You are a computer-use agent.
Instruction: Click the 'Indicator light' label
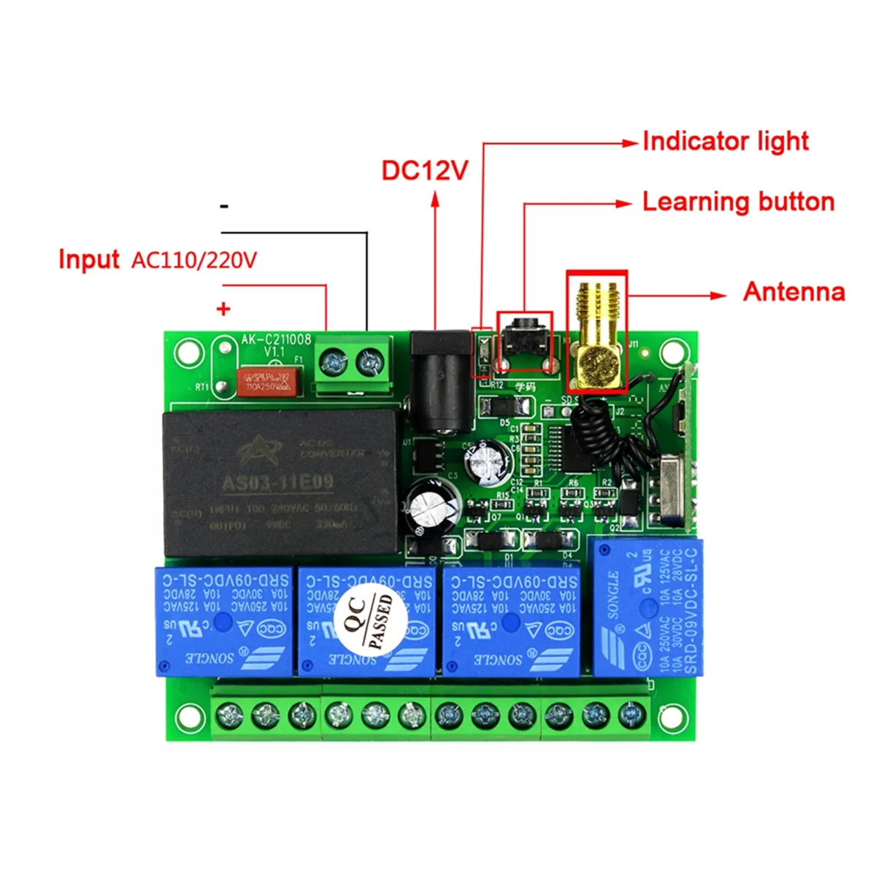point(725,142)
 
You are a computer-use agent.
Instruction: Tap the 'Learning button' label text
point(738,202)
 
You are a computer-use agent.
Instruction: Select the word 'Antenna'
point(794,292)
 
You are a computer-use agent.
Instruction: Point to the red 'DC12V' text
point(424,171)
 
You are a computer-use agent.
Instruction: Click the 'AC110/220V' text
point(194,261)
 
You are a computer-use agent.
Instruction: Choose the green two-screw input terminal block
point(353,364)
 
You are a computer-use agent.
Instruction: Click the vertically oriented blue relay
point(645,607)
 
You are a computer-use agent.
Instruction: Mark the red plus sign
point(223,309)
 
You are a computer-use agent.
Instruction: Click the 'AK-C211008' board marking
point(276,339)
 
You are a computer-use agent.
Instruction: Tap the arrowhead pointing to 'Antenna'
point(720,296)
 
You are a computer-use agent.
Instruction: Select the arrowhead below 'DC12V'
point(435,199)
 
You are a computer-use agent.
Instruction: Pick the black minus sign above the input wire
point(224,207)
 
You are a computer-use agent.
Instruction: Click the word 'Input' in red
point(88,260)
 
